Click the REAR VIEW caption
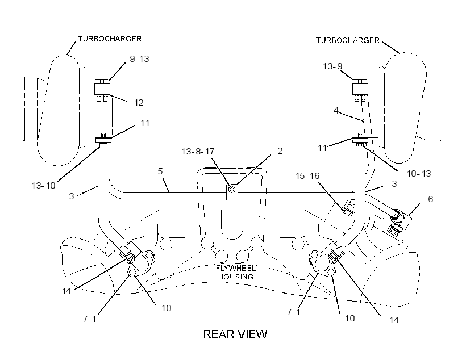pos(235,334)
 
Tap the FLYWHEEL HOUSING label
pos(236,273)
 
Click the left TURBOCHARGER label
pos(110,39)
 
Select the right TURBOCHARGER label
pos(348,40)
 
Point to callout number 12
pos(139,102)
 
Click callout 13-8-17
pos(198,152)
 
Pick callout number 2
pos(280,151)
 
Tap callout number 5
pos(160,171)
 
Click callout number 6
pos(430,199)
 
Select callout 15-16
pos(307,176)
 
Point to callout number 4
pos(336,111)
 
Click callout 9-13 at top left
pos(139,59)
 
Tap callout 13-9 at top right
pos(332,66)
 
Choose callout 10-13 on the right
pos(419,173)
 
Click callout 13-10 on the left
pos(43,185)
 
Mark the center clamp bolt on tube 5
pos(232,189)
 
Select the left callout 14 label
pos(66,291)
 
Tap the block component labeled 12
pos(102,89)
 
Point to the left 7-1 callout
pos(89,319)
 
